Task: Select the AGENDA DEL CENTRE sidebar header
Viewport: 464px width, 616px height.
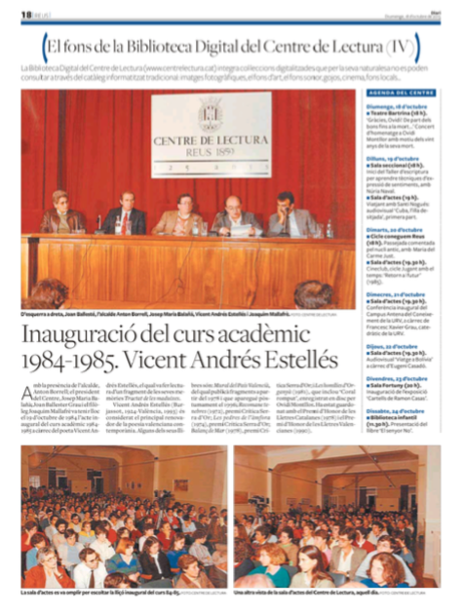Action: tap(401, 92)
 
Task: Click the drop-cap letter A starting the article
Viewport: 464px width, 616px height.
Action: tap(27, 393)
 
